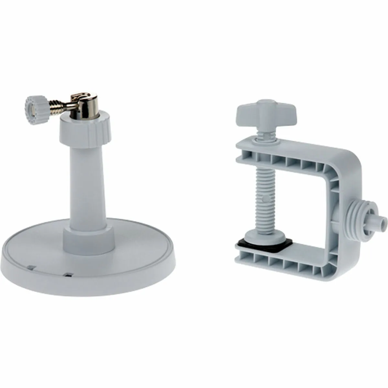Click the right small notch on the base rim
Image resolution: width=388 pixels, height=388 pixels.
[x=68, y=275]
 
